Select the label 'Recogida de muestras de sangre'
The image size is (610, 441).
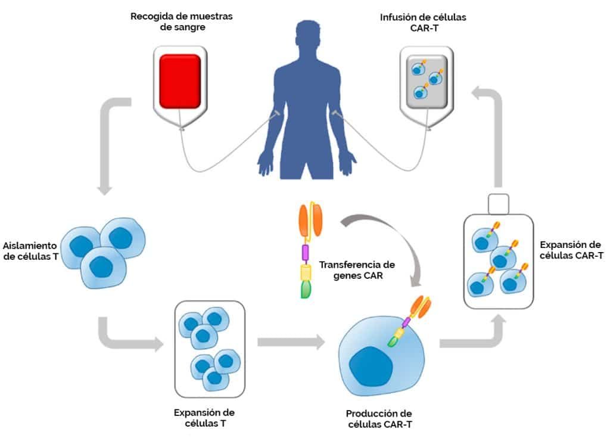tap(182, 21)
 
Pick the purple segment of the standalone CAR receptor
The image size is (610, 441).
tap(306, 252)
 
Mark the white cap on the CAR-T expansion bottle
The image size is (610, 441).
tap(499, 204)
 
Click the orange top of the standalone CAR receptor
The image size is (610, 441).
tap(310, 220)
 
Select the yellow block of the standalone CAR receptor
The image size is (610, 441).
tap(306, 272)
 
